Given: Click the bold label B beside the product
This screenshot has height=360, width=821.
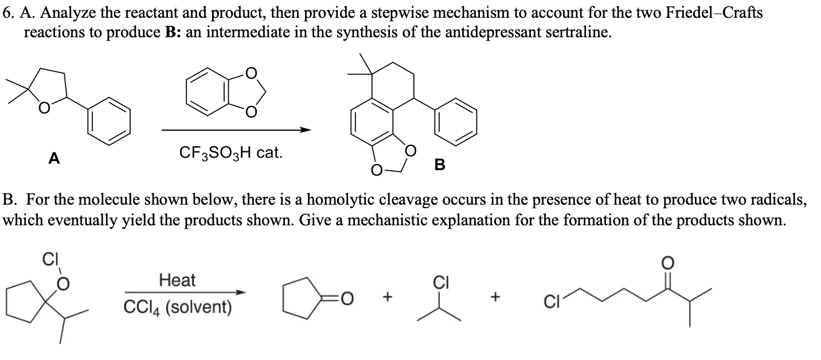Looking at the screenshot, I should tap(440, 166).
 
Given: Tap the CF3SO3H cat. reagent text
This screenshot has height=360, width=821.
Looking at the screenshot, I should tap(230, 152).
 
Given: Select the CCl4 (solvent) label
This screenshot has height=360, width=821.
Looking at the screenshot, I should tap(178, 307).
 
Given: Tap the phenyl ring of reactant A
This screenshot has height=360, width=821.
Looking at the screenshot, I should tap(109, 123).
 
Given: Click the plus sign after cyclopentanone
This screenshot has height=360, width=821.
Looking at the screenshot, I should tap(389, 298).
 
